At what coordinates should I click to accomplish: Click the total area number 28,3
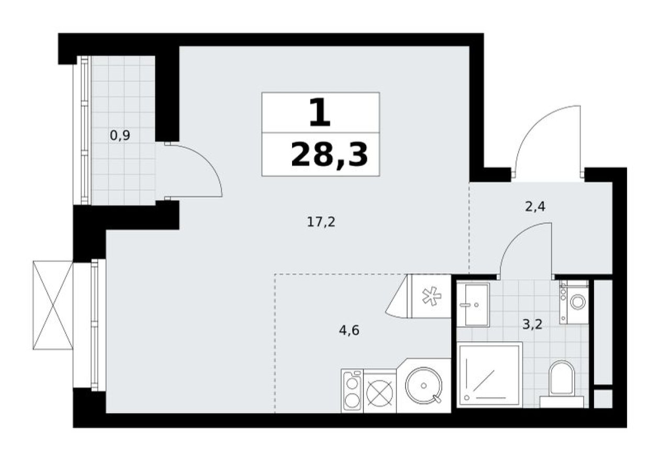pos(329,155)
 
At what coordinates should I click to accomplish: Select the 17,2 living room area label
pos(321,222)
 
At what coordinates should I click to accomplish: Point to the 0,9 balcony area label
pos(120,136)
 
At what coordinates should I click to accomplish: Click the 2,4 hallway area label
pos(535,206)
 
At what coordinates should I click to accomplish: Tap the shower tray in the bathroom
pos(489,374)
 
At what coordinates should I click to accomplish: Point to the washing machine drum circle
pos(578,302)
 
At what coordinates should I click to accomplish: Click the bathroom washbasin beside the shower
pos(472,304)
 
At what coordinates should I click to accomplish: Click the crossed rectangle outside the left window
pos(52,305)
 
